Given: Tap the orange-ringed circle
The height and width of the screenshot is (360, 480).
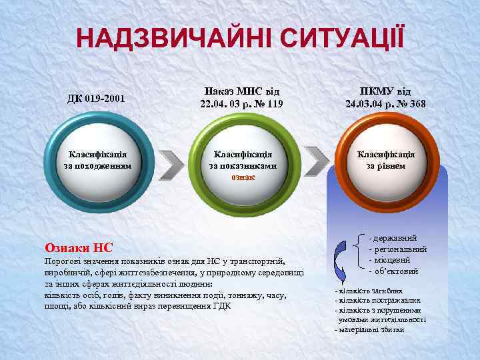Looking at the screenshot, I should click(x=385, y=160).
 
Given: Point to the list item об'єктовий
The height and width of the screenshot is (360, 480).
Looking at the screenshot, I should click(x=395, y=271).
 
